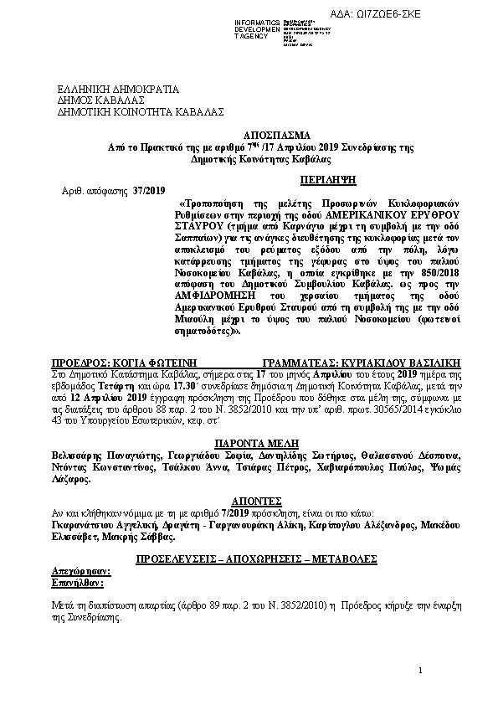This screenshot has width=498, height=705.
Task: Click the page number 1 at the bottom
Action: pos(421,672)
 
